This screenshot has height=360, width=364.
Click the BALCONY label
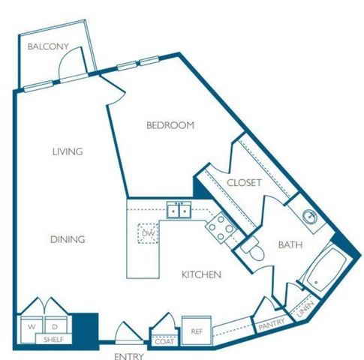click(48, 46)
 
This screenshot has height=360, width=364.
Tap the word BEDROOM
click(170, 125)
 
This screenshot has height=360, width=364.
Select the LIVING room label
click(68, 151)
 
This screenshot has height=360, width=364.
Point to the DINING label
click(68, 239)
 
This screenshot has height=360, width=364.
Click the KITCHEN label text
click(201, 274)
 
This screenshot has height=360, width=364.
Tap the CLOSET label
click(244, 182)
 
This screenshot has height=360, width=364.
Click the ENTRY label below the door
click(128, 355)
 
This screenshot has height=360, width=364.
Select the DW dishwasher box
click(147, 233)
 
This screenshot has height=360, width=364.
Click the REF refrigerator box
click(196, 330)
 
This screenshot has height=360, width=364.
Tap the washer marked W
click(32, 327)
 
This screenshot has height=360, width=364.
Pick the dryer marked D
click(55, 327)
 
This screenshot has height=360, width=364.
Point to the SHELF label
click(53, 340)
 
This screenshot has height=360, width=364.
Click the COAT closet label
click(163, 340)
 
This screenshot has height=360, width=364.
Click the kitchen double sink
click(179, 211)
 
